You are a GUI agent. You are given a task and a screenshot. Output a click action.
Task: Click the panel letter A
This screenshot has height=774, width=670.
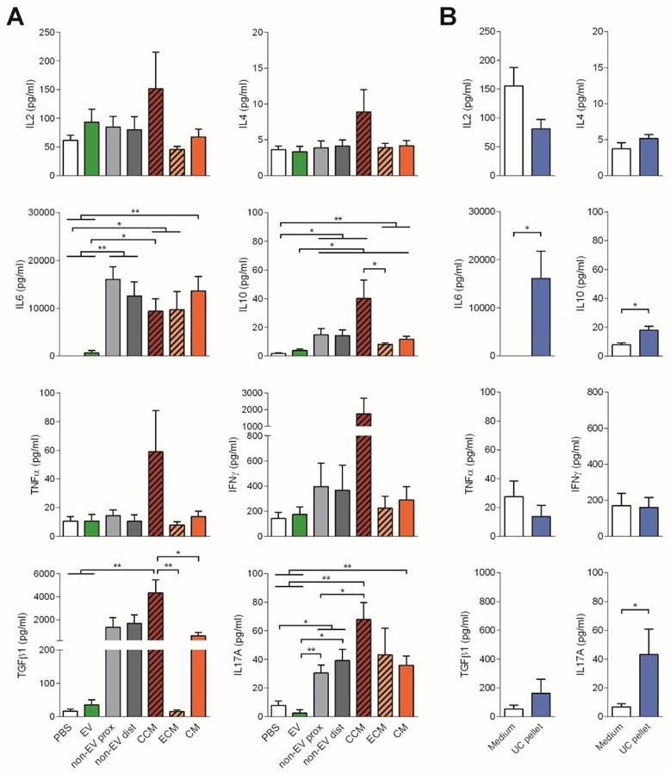[x=15, y=16]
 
